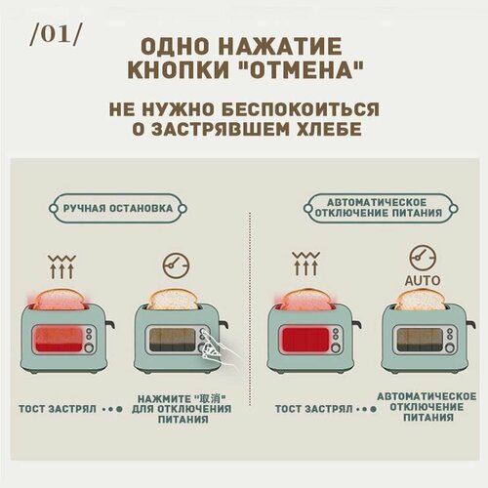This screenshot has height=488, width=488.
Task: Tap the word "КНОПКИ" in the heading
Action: (x=183, y=73)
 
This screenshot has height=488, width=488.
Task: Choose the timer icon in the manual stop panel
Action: (x=177, y=264)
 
